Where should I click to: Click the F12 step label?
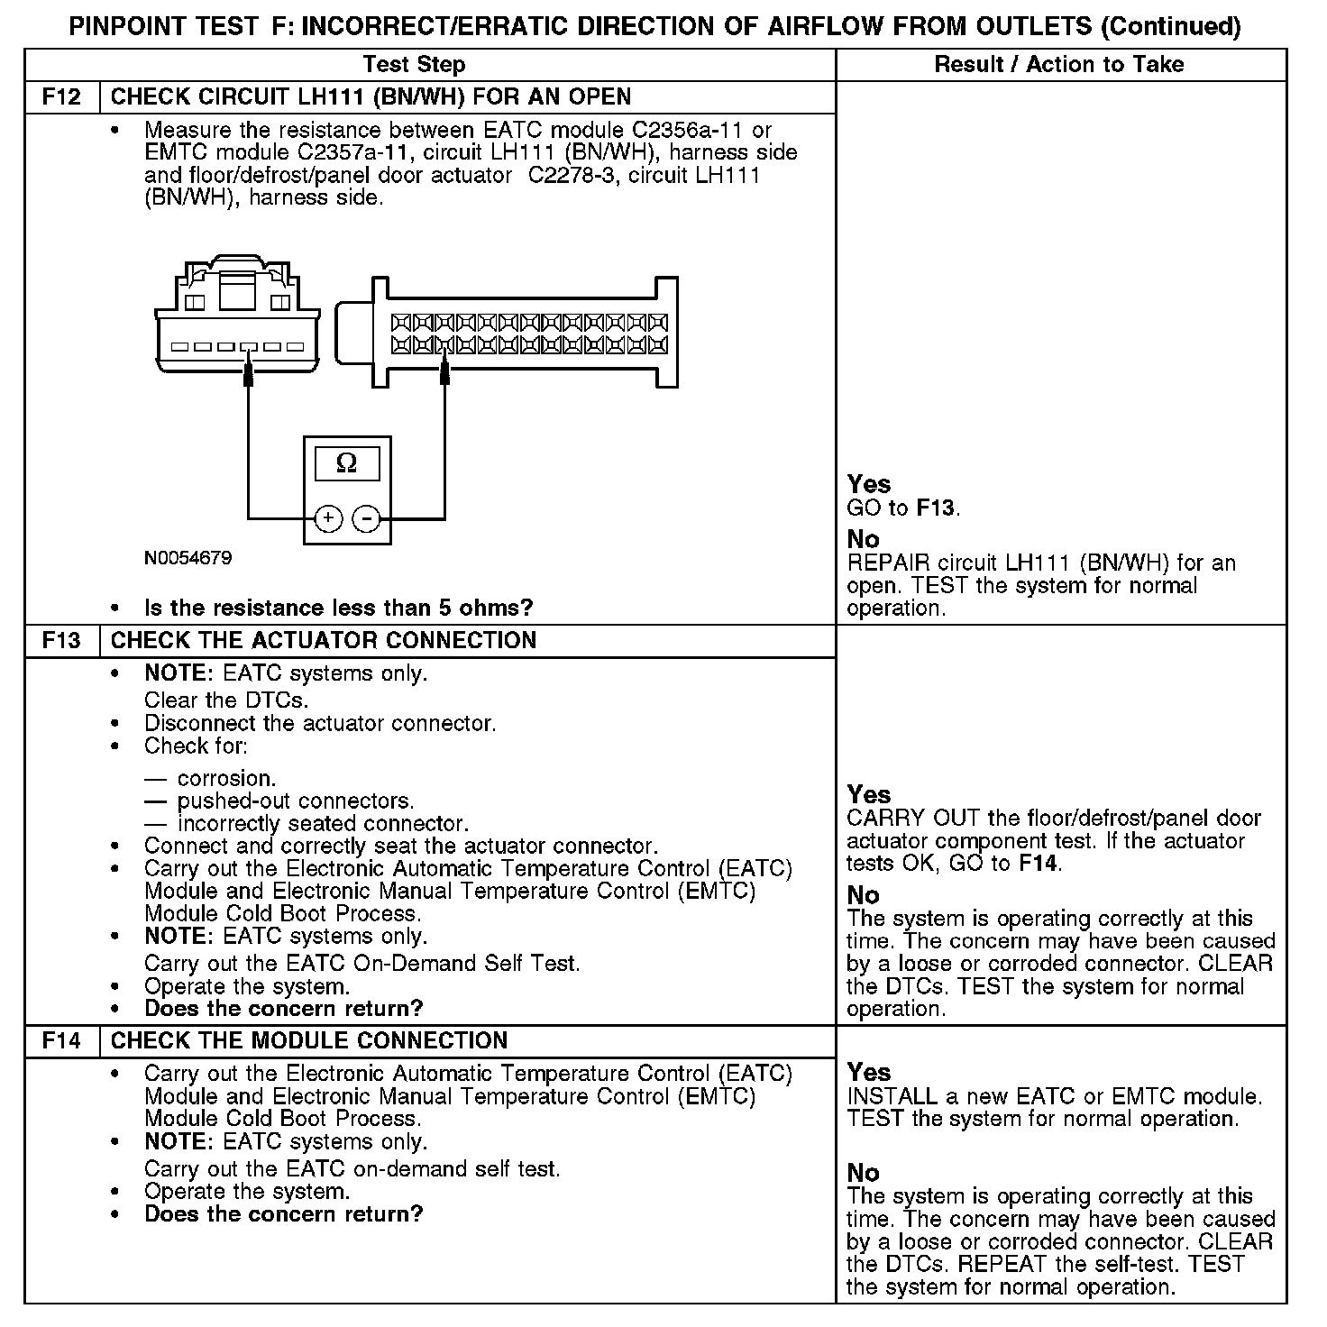tap(61, 96)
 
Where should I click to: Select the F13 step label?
tap(61, 641)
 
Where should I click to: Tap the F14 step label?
tap(61, 1041)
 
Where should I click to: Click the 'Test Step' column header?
tap(414, 65)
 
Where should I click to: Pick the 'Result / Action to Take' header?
tap(1058, 65)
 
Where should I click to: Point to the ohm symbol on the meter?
tap(346, 463)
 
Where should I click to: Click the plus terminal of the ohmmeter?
tap(328, 518)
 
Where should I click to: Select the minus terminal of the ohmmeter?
tap(366, 518)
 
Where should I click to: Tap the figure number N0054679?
tap(188, 559)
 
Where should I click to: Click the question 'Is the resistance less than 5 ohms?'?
tap(338, 608)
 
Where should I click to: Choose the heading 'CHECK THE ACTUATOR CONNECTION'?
tap(323, 641)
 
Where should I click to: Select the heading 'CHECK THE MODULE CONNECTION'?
tap(308, 1041)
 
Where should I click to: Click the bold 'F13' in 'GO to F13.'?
tap(935, 508)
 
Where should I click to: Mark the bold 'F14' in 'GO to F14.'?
tap(1039, 864)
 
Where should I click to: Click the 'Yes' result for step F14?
tap(868, 1073)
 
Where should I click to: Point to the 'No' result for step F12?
tap(863, 539)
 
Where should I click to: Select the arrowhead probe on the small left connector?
tap(249, 373)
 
